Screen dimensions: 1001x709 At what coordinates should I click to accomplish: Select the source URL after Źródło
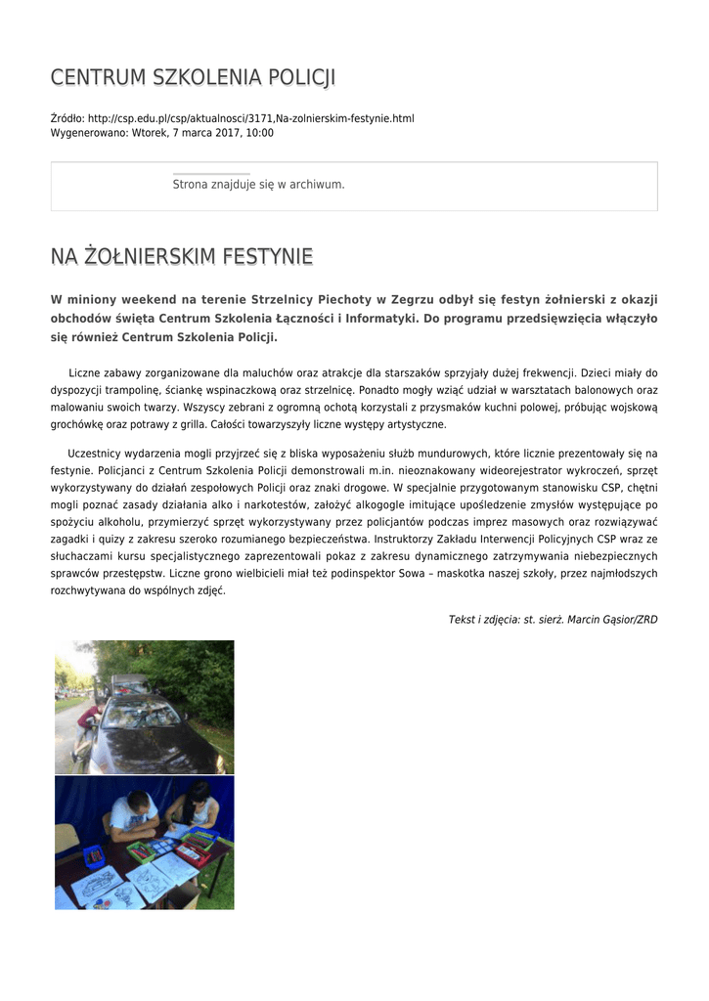[x=250, y=118]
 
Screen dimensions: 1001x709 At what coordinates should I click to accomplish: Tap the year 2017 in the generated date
[x=216, y=133]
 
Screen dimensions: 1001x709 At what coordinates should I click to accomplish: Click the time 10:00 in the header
[x=259, y=133]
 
